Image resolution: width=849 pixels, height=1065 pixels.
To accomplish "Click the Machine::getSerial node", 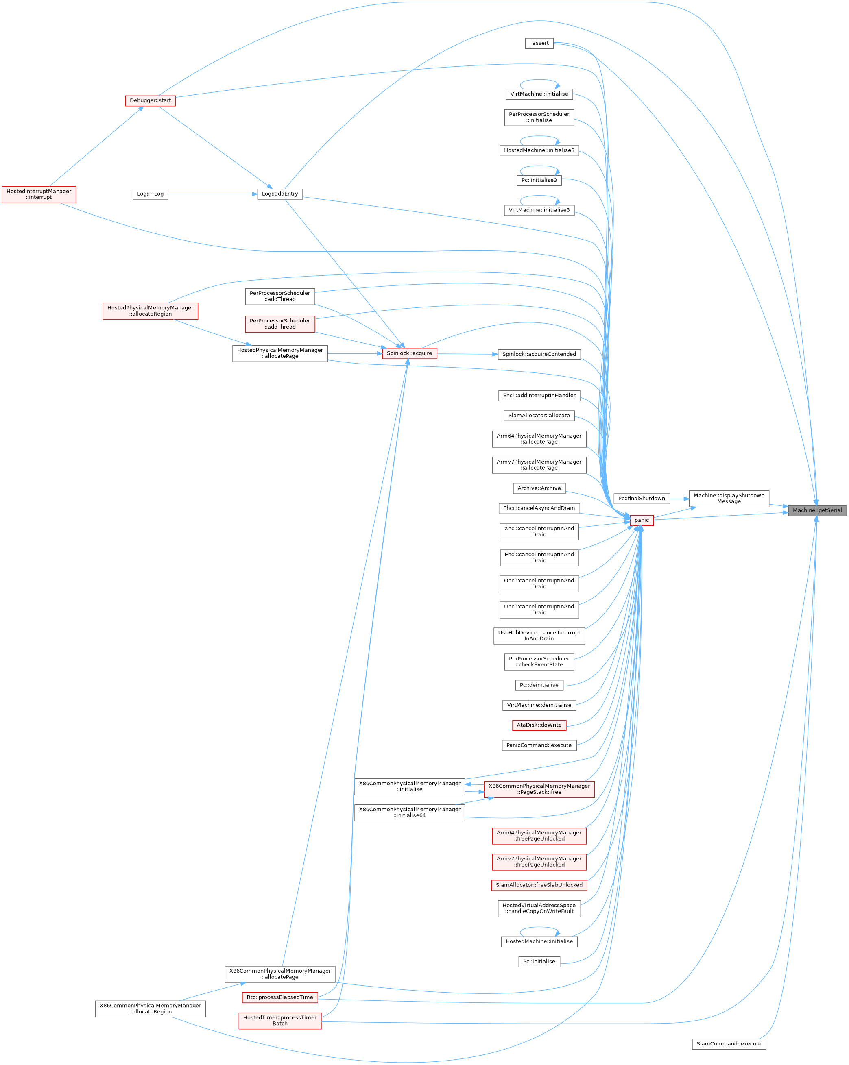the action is [x=817, y=510].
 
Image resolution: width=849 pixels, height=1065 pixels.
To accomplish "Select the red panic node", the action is [x=642, y=520].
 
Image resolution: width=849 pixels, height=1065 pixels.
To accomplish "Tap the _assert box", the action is [x=539, y=43].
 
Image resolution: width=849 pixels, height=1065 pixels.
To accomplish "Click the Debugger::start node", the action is [x=150, y=100].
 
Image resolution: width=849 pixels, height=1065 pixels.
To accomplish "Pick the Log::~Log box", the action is [x=150, y=194].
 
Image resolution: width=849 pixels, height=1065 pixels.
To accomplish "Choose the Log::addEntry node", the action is [x=280, y=194].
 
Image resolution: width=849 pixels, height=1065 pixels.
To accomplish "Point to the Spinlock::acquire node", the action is [x=409, y=353].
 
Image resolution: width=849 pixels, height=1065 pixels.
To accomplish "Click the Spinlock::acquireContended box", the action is [x=539, y=354].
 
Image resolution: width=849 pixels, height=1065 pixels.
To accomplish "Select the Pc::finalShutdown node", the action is [x=642, y=499].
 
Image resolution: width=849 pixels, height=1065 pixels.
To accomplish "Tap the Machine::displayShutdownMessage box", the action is [x=729, y=499].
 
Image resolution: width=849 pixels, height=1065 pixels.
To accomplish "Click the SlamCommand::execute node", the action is [x=729, y=1044].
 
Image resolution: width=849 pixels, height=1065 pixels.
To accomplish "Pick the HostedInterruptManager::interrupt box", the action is [x=39, y=194].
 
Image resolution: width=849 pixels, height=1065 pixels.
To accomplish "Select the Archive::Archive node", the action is [x=539, y=488].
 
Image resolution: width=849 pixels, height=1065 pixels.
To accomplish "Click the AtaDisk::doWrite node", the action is [x=539, y=725].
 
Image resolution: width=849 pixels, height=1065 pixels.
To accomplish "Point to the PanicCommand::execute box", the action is [x=539, y=745].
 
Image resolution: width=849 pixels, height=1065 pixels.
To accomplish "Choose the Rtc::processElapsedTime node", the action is [x=280, y=997].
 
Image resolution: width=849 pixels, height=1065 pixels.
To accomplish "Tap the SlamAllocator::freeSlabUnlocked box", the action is [x=539, y=885].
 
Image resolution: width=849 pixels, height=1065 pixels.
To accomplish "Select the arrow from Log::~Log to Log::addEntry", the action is [x=212, y=194].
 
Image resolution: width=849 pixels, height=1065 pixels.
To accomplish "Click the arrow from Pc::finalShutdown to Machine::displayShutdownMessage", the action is [x=679, y=499].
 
